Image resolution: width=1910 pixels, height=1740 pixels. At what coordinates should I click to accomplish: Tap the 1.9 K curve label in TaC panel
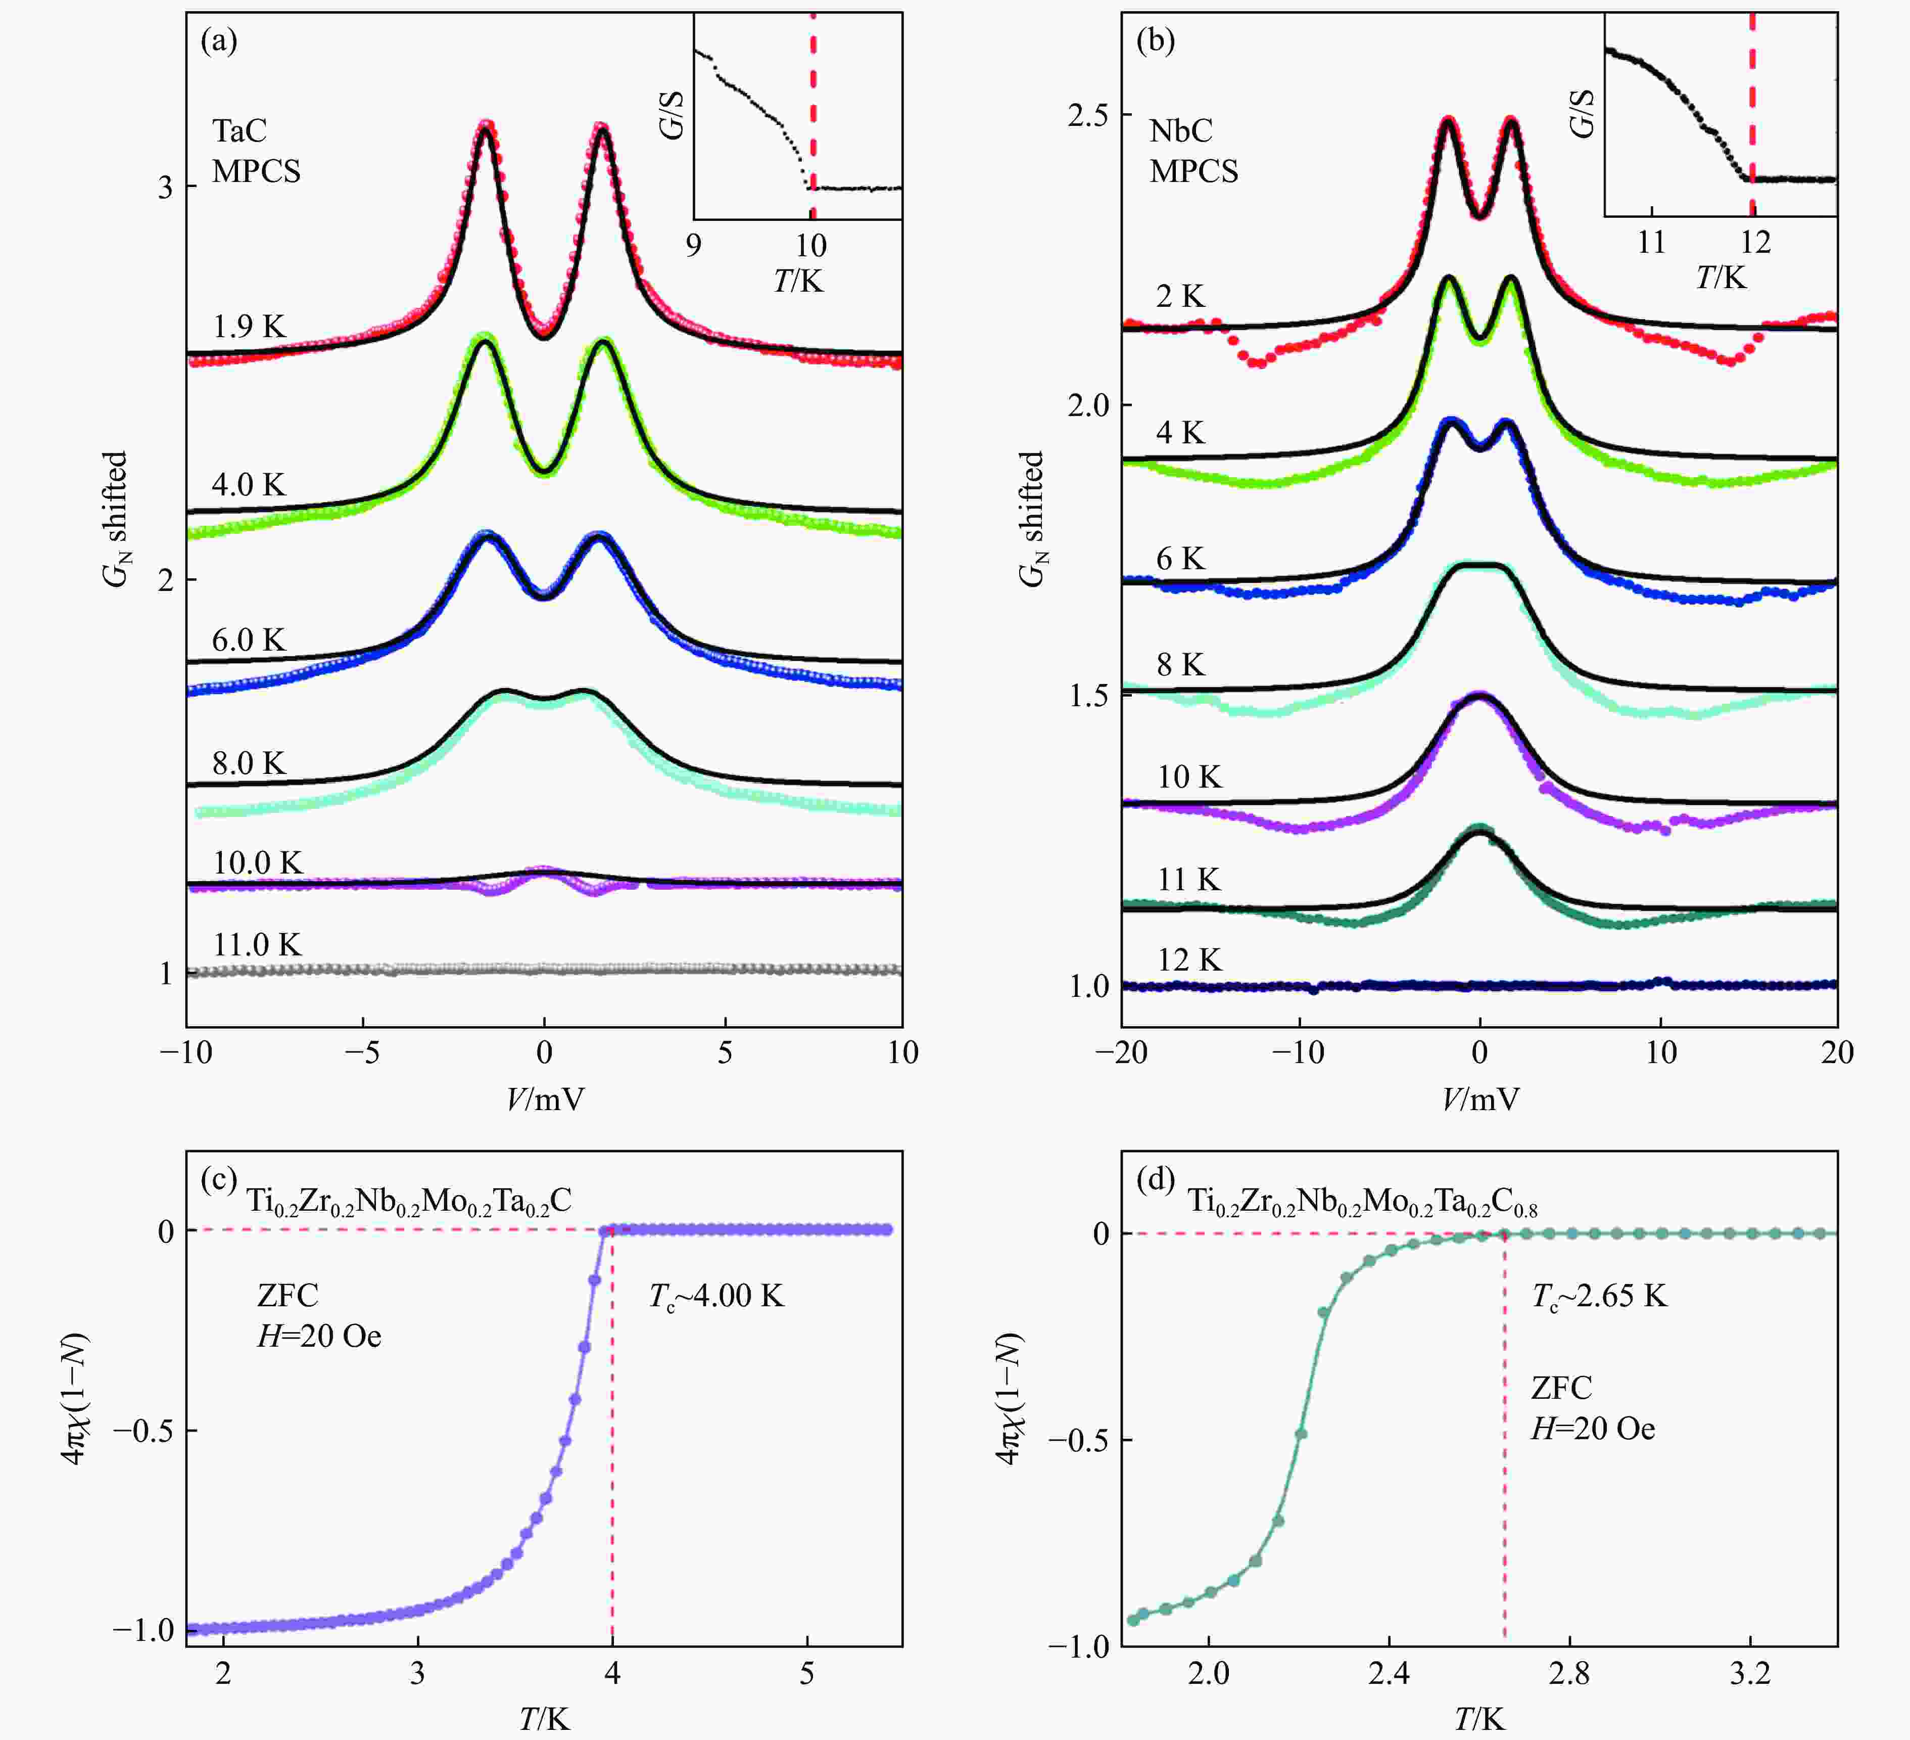pos(248,327)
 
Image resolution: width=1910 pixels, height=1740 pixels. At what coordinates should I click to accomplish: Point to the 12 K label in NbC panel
pos(1189,960)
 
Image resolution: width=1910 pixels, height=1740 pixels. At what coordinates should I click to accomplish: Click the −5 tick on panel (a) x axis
pos(363,1053)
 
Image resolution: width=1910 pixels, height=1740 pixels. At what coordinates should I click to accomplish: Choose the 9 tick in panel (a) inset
pos(694,246)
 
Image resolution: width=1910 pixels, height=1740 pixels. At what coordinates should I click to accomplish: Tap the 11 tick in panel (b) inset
pos(1651,243)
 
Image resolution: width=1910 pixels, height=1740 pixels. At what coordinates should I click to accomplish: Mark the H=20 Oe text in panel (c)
pos(319,1336)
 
